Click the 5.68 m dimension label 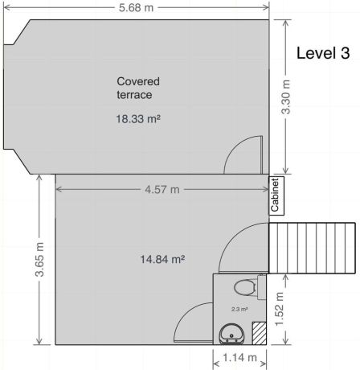tap(136, 7)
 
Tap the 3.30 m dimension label tap(286, 97)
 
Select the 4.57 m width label tap(162, 190)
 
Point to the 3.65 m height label tap(39, 259)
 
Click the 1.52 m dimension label tap(280, 309)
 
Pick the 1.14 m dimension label tap(239, 357)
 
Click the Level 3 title tap(323, 53)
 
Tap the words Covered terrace tap(138, 88)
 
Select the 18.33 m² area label tap(138, 118)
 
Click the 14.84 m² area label tap(162, 259)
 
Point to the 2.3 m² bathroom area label tap(239, 309)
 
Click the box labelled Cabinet tap(276, 195)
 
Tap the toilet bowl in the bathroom tap(244, 287)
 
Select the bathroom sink tap(232, 334)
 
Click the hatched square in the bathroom tap(260, 333)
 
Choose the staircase tap(312, 248)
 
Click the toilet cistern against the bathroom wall tap(262, 287)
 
